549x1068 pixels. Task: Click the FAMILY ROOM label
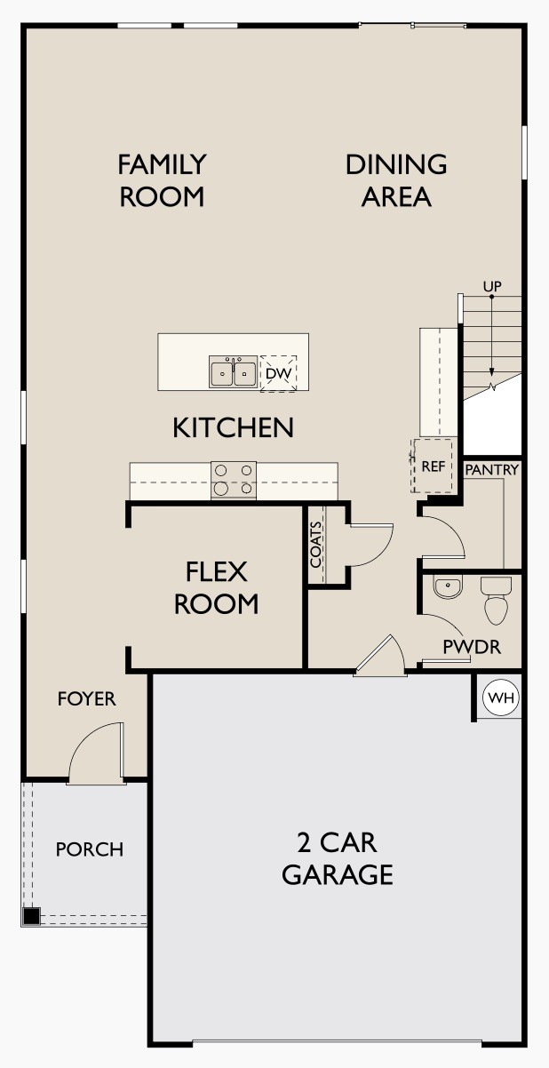(x=162, y=180)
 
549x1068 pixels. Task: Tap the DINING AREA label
(x=396, y=180)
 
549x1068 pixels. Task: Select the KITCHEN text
(x=233, y=427)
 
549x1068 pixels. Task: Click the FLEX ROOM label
(x=216, y=586)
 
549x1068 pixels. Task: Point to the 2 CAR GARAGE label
(x=338, y=858)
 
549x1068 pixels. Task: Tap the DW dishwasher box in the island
(x=278, y=373)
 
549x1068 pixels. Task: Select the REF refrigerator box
(x=433, y=466)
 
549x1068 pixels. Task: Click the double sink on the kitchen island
(x=233, y=373)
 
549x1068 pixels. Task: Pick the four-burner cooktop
(x=234, y=480)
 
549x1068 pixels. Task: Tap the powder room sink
(x=447, y=586)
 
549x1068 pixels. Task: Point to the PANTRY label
(x=492, y=469)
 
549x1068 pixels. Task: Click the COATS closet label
(x=316, y=544)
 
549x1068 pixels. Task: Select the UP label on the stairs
(x=491, y=286)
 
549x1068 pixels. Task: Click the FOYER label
(x=87, y=699)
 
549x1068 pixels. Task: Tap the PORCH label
(x=90, y=849)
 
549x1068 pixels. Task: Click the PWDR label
(x=472, y=647)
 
